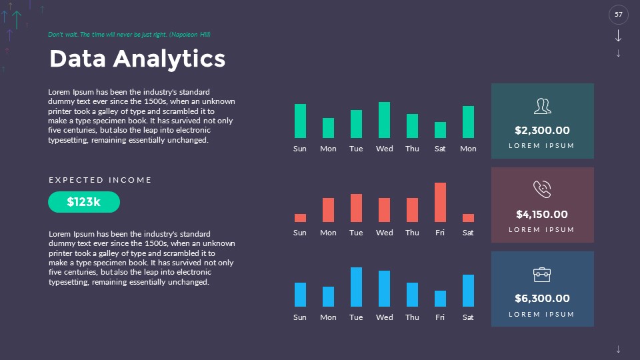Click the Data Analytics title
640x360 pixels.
tap(137, 59)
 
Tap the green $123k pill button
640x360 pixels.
tap(84, 202)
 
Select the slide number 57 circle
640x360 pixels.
tap(619, 15)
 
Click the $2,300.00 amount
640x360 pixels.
tap(542, 131)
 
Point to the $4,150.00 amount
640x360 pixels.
tap(542, 215)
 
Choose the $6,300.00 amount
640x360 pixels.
tap(542, 299)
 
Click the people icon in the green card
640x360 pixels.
tap(542, 106)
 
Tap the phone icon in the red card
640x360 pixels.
tap(542, 189)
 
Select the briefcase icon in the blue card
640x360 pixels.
tap(542, 274)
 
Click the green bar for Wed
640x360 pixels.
tap(384, 120)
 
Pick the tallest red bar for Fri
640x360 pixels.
tap(440, 202)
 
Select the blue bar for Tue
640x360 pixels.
tap(356, 287)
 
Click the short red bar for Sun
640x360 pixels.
tap(300, 218)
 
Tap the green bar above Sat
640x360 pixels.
tap(440, 130)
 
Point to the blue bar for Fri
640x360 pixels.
tap(440, 299)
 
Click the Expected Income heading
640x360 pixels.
tap(101, 180)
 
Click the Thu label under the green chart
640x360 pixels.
tap(412, 149)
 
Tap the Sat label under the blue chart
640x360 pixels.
tap(468, 317)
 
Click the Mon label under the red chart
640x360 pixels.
tap(328, 233)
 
